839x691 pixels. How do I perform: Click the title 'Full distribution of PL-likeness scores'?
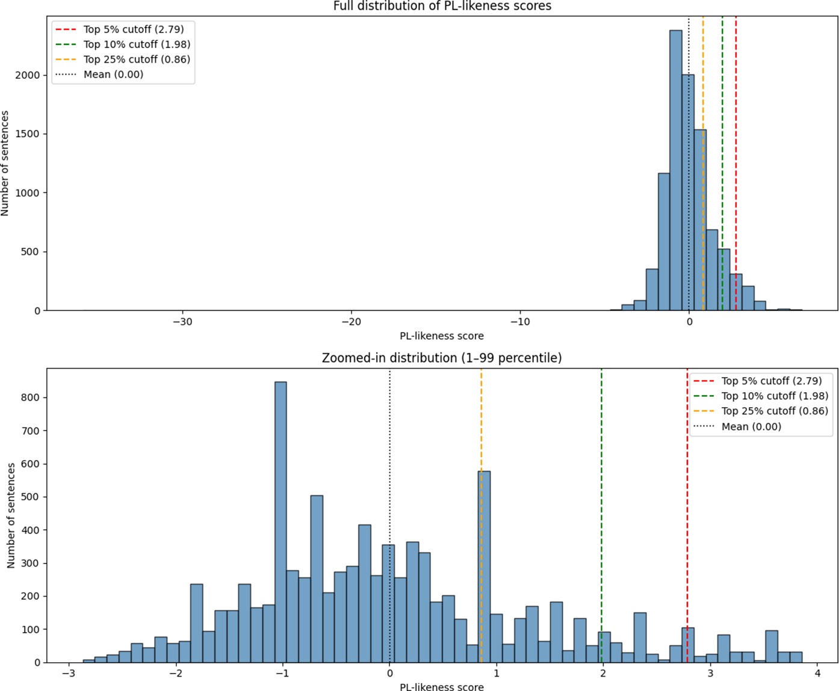442,7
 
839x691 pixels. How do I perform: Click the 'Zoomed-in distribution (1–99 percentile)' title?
442,358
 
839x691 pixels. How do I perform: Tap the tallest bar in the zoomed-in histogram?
280,523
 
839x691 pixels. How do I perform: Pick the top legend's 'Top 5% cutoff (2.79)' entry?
134,29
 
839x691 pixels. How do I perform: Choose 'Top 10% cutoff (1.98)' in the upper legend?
137,45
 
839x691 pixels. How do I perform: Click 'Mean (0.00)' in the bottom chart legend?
751,426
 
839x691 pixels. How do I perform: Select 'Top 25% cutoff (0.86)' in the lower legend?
775,411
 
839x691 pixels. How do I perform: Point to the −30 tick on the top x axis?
182,322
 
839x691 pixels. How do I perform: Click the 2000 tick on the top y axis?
28,75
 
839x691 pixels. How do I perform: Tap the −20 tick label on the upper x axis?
351,322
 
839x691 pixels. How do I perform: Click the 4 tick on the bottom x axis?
817,674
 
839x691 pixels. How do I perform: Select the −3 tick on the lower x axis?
69,674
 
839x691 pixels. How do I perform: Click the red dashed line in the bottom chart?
687,511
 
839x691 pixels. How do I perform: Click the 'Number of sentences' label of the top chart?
5,163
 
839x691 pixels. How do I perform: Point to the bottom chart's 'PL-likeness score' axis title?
442,687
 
